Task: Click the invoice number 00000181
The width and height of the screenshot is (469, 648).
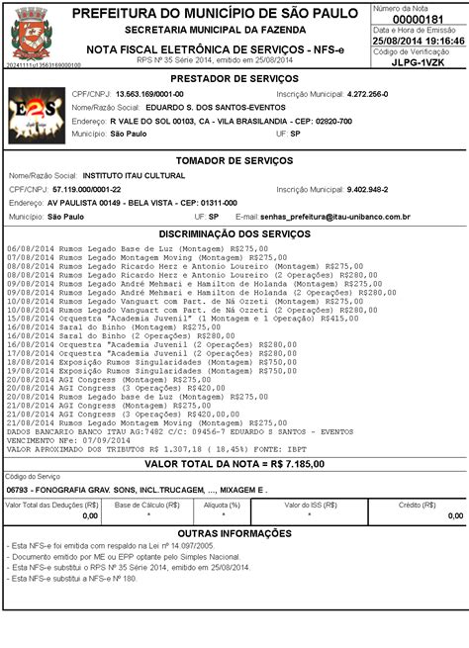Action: pos(423,19)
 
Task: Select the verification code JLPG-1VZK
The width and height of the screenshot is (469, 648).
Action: pos(423,60)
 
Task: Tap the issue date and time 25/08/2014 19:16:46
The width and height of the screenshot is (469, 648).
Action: pos(423,40)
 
